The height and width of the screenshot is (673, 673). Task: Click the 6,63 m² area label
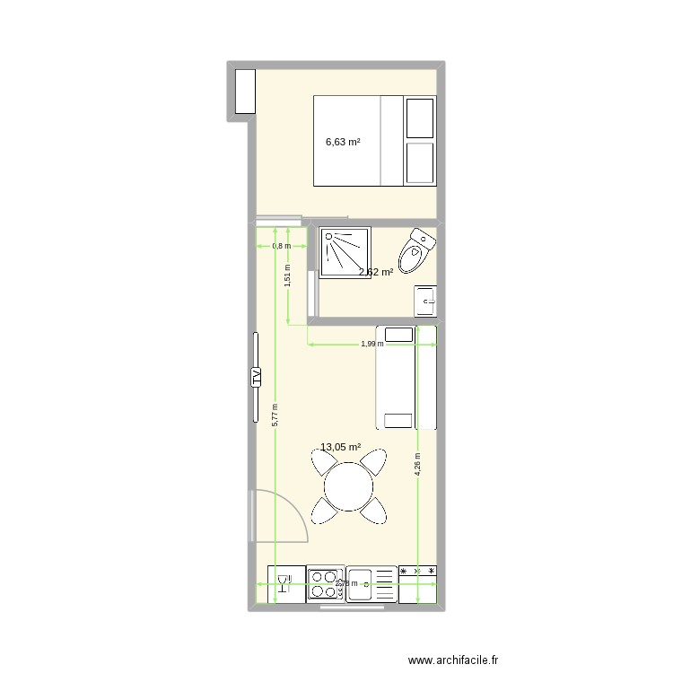(x=343, y=142)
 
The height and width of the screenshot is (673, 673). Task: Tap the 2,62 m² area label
(x=376, y=272)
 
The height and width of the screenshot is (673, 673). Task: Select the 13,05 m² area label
(x=340, y=447)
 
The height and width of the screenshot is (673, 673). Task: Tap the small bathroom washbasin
(x=425, y=301)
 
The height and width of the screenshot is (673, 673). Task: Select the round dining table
(x=349, y=488)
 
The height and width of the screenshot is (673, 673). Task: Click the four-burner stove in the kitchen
(x=325, y=584)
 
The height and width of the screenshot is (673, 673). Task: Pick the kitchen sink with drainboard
(x=371, y=584)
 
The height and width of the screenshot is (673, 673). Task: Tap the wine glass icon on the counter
(x=284, y=584)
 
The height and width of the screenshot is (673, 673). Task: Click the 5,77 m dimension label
(x=275, y=414)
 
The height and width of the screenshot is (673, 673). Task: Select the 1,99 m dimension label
(x=371, y=343)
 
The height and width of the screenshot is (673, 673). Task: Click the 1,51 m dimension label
(x=287, y=274)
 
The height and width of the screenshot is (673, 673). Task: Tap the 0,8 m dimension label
(x=282, y=246)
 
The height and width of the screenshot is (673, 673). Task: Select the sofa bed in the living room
(x=406, y=377)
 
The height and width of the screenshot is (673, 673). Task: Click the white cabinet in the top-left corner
(x=244, y=91)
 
